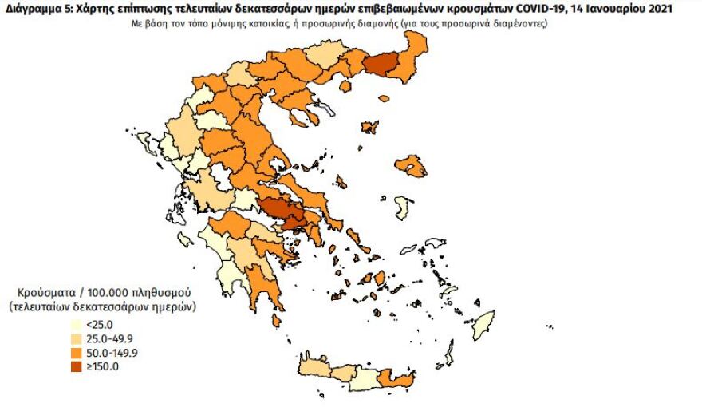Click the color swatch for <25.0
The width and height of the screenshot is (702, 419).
point(74,325)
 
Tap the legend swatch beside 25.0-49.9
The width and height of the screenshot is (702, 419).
point(74,338)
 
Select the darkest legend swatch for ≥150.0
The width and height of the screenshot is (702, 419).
point(74,366)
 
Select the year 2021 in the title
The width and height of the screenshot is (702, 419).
point(653,10)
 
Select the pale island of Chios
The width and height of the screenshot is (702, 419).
point(405,210)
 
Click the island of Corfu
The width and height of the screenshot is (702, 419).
point(147,144)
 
